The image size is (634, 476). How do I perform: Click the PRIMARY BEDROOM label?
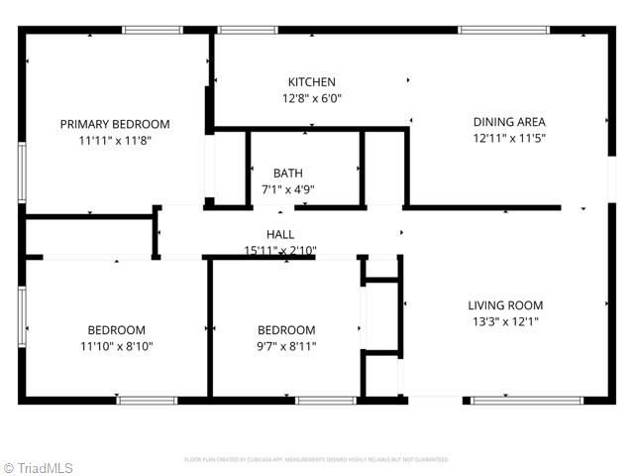coord(115,124)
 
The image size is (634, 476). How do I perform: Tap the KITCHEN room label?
coord(312,82)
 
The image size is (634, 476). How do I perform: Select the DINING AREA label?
coord(509,123)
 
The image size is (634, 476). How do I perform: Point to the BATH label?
coord(288,173)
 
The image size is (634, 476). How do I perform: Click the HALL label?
coord(280,234)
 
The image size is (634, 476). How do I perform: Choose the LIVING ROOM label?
coord(505,305)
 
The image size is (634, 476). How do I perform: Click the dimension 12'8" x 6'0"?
coord(312,98)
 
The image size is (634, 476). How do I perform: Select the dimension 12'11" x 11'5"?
coord(509,139)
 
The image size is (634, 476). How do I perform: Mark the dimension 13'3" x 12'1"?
coord(505,321)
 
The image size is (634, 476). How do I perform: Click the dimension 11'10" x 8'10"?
coord(116,346)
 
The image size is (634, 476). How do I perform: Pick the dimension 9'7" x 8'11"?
coord(286,346)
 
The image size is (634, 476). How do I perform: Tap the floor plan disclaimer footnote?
coord(317,460)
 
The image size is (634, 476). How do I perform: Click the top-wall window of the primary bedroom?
coord(152,31)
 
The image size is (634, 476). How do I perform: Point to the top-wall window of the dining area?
coord(503,31)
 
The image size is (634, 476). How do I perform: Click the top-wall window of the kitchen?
coord(247,31)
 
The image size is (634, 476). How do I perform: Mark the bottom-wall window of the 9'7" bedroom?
coord(326,401)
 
